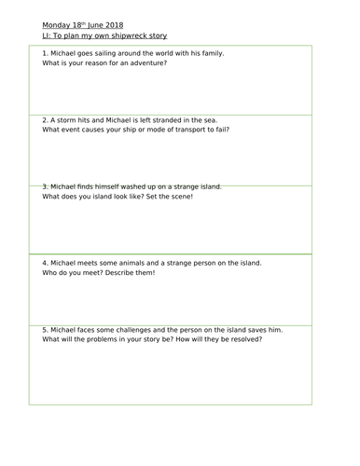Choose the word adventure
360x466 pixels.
click(135, 63)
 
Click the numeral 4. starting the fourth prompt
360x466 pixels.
click(46, 263)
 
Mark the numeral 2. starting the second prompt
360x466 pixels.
click(46, 119)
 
